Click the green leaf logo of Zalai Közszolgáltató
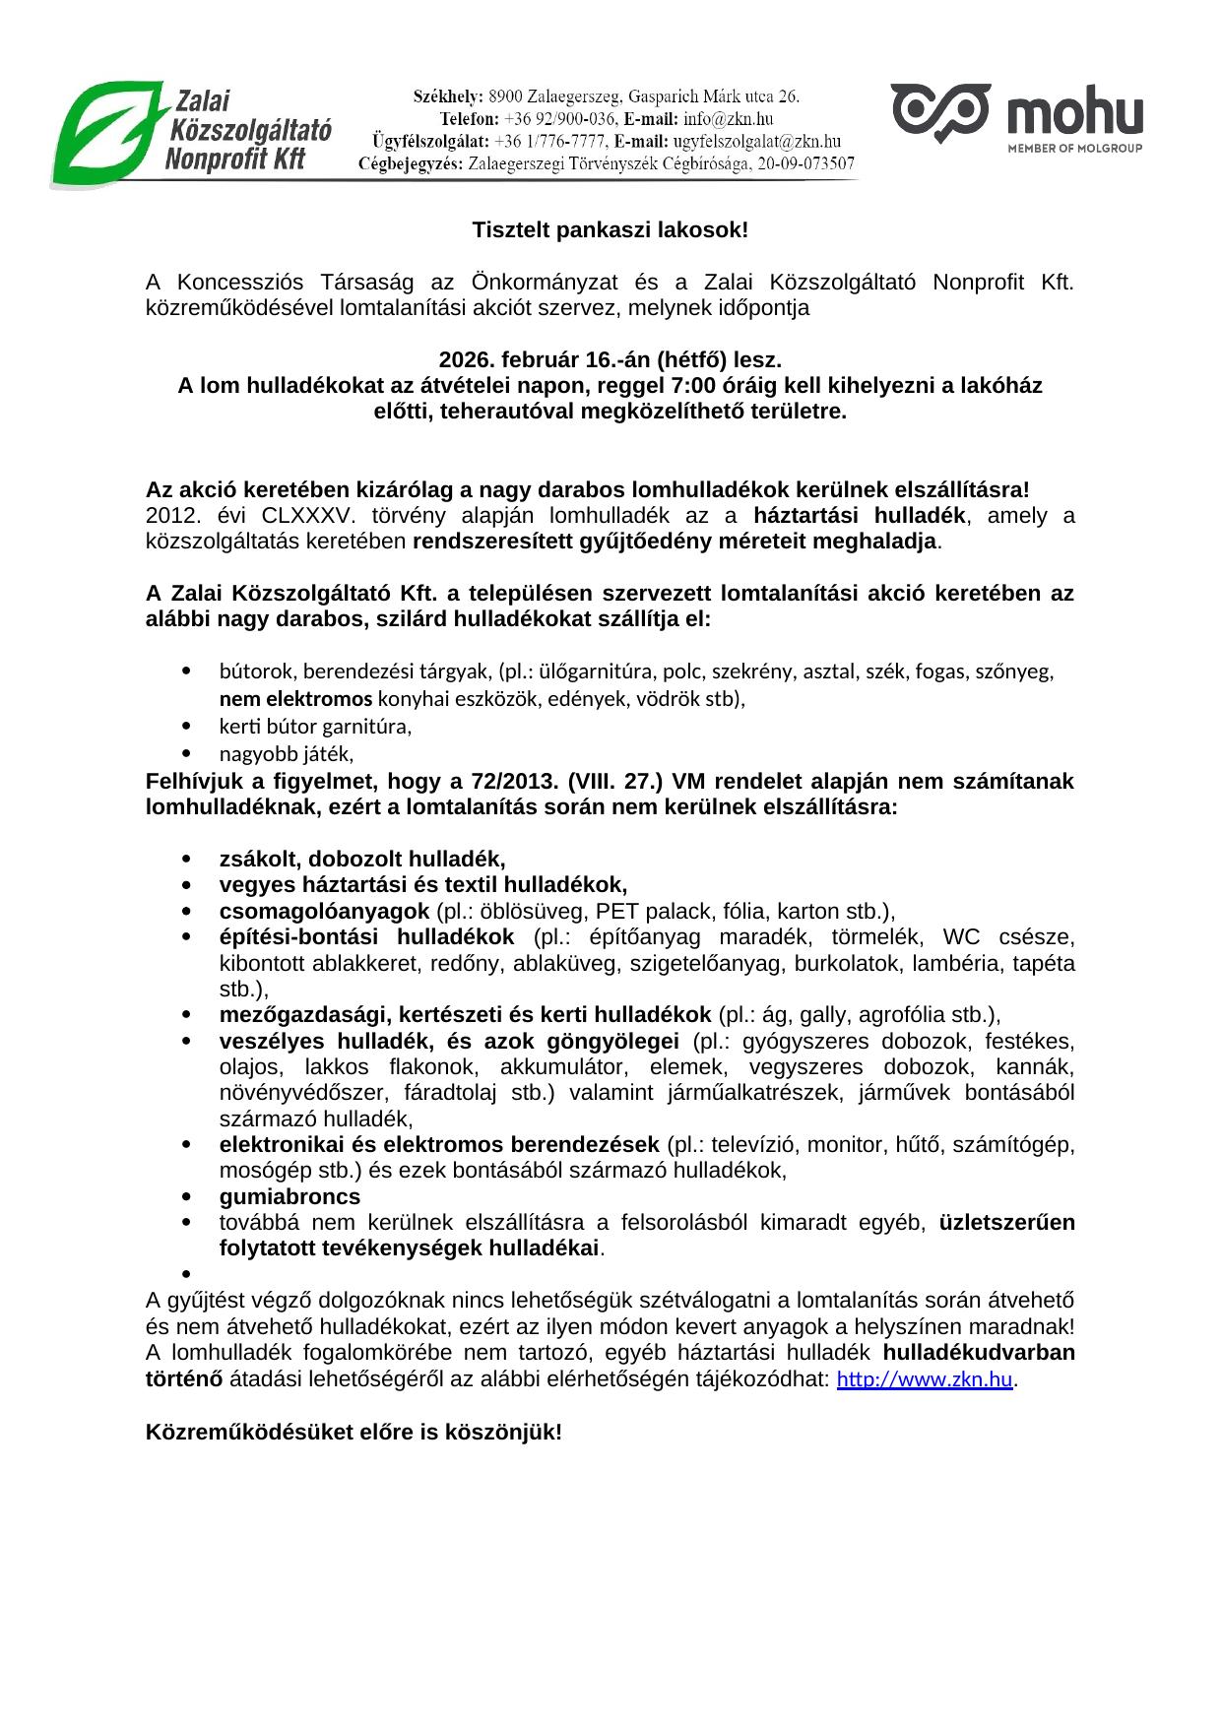106,134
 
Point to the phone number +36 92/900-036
560,119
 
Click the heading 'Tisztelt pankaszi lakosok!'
610,230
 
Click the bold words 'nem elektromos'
295,699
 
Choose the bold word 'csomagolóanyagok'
324,911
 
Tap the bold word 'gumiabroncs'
289,1196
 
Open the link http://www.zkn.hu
924,1379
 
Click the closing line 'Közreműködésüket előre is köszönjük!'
354,1432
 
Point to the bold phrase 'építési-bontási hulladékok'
366,936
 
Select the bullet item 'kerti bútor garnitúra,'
315,727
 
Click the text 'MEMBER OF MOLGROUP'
1074,149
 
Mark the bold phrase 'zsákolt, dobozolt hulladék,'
361,859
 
